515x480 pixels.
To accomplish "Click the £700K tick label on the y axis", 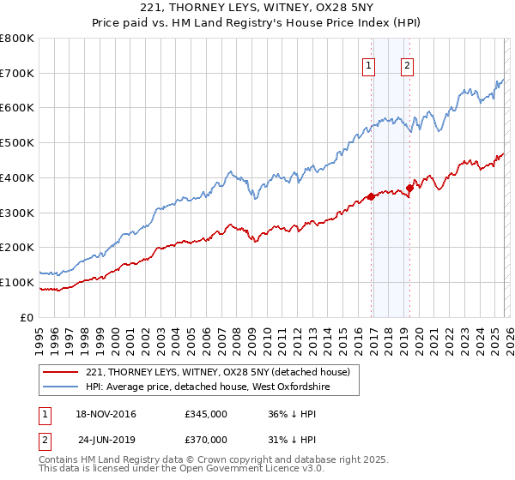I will click(17, 74).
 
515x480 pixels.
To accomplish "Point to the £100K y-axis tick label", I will click(17, 282).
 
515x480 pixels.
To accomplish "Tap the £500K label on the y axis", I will click(17, 143).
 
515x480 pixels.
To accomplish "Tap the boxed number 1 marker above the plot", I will click(369, 65).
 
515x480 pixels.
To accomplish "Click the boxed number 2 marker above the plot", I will click(406, 65).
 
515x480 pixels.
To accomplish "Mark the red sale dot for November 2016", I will click(371, 196).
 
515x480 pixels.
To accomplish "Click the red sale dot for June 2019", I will click(409, 188).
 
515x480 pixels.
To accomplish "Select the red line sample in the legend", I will click(60, 373).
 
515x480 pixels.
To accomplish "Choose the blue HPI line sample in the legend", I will click(60, 387).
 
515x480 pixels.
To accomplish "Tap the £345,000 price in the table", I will click(206, 415).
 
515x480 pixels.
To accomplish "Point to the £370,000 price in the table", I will click(206, 439).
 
